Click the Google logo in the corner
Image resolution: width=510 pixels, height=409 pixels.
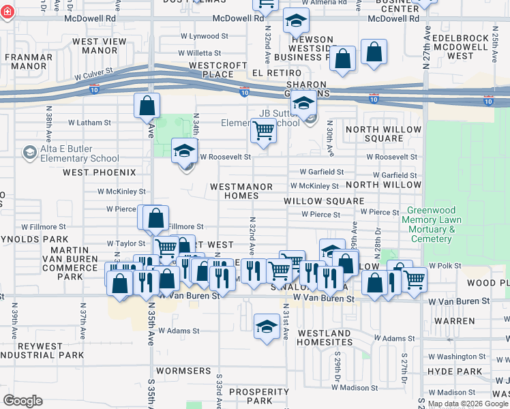tap(23, 401)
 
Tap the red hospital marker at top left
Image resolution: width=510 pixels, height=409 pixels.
tap(7, 14)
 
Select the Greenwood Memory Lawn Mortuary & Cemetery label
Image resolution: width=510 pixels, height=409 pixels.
tap(431, 225)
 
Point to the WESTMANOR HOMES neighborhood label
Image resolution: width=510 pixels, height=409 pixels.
tap(241, 191)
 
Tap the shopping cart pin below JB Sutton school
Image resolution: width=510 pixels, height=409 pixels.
tap(263, 131)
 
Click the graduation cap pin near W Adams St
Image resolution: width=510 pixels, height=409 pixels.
tap(267, 326)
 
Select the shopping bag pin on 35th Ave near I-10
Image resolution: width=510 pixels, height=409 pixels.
tap(147, 106)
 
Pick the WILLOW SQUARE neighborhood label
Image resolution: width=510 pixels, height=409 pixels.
tap(324, 201)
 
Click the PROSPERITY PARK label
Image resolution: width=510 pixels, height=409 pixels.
tap(258, 396)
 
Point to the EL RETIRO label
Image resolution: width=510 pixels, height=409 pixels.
tap(271, 72)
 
